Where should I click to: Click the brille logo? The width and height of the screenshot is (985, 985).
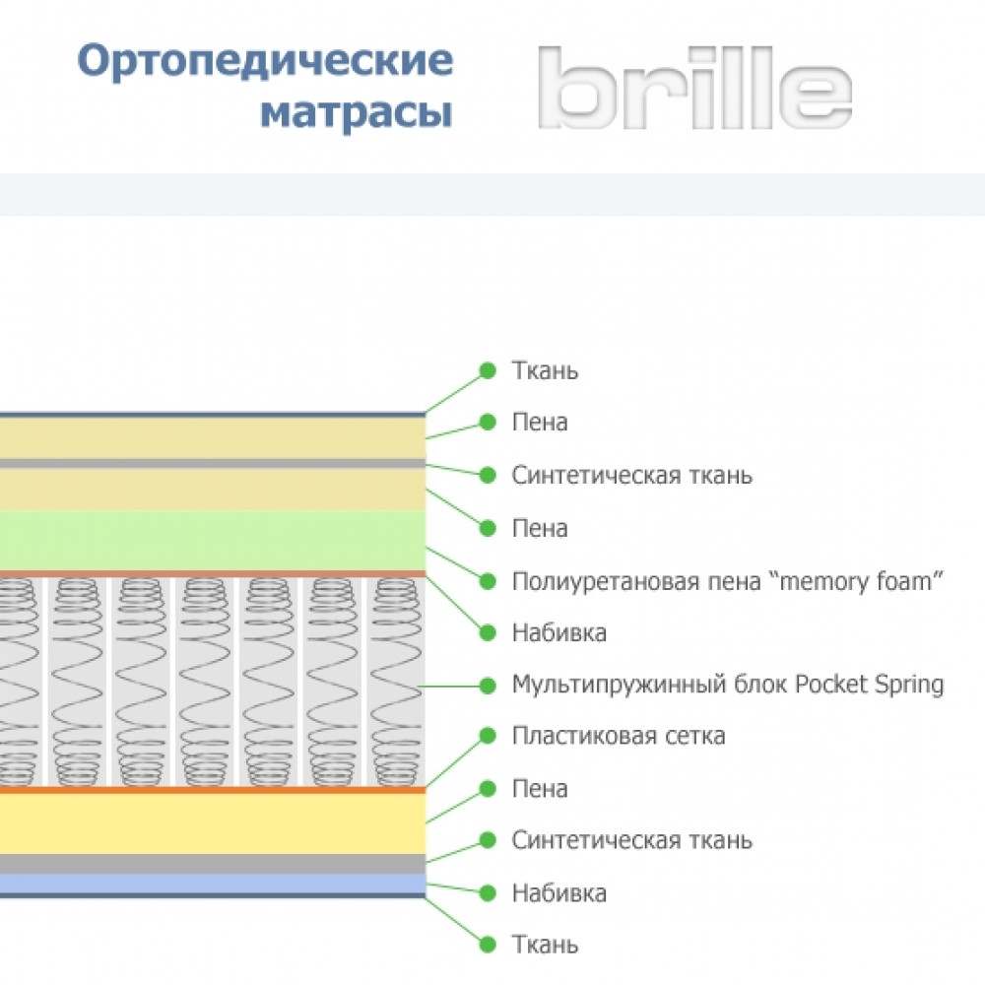(x=694, y=88)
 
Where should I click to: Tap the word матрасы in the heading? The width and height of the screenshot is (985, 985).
(x=357, y=113)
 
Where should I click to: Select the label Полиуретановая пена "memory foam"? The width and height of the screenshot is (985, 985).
(x=728, y=581)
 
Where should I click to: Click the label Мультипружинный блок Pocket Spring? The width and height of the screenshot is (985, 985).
(x=728, y=685)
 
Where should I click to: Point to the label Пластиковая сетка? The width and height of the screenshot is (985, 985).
(x=619, y=736)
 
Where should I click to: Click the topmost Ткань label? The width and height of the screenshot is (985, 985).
(x=545, y=370)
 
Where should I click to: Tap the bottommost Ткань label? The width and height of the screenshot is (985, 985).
(x=545, y=945)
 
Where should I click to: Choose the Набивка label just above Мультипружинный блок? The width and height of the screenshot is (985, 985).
(x=559, y=632)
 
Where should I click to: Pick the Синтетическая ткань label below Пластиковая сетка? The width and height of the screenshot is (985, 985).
(x=632, y=840)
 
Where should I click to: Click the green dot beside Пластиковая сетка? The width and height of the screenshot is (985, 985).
(x=488, y=736)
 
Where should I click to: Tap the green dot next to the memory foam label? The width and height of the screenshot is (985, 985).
(x=488, y=582)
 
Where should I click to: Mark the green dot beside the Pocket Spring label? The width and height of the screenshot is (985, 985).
(x=488, y=686)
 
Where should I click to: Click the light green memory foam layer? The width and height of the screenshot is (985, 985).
(x=213, y=540)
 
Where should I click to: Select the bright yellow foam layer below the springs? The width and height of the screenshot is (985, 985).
(x=213, y=823)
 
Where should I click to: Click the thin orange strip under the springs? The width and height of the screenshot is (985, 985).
(x=213, y=790)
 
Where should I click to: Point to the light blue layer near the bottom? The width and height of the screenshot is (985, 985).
(x=213, y=884)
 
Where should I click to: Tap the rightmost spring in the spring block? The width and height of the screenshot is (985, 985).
(x=395, y=682)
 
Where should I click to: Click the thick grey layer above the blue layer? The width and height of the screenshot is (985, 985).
(x=213, y=864)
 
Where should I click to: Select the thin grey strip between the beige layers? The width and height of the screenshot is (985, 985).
(x=213, y=464)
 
